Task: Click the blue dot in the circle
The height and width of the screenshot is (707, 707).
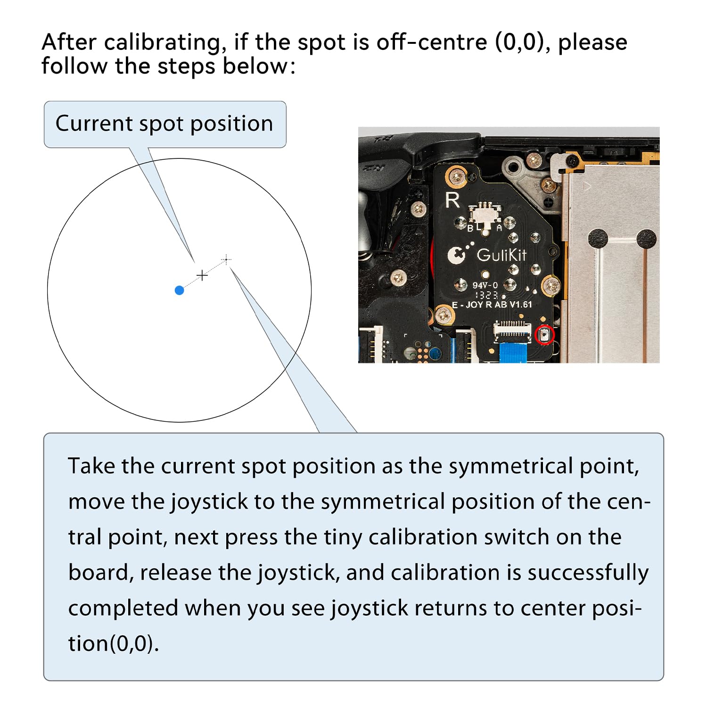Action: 179,290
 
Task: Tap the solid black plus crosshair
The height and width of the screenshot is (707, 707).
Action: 202,275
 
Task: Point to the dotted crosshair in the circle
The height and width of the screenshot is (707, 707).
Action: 227,259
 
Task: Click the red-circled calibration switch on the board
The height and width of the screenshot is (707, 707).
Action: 544,335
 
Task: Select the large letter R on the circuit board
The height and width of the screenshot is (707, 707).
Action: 452,200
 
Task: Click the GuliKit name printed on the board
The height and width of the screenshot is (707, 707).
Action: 501,255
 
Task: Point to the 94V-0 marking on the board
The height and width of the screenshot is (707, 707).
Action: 485,285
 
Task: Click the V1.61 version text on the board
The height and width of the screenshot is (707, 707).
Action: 520,304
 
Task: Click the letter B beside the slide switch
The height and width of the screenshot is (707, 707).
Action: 470,229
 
